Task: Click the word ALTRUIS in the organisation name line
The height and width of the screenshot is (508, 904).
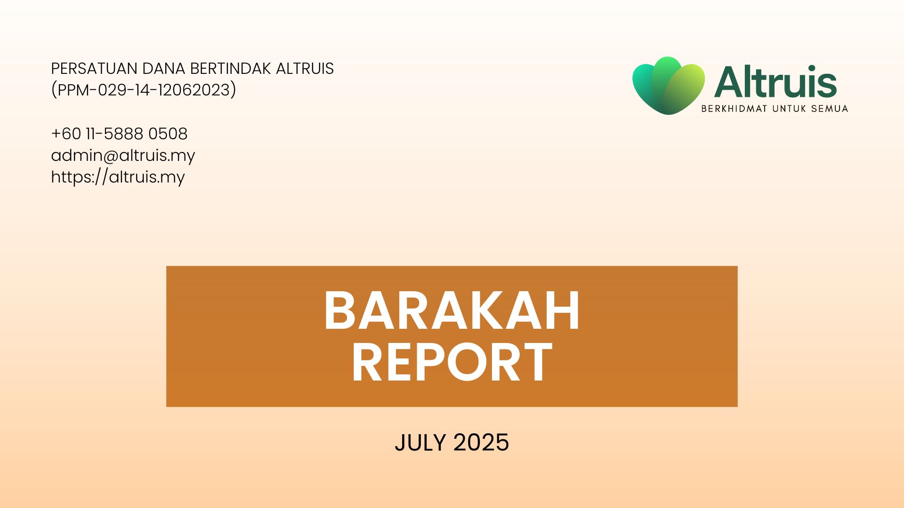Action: [305, 69]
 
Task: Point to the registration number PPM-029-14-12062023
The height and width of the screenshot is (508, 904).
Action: [144, 90]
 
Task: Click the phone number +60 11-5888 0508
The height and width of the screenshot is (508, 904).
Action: [119, 134]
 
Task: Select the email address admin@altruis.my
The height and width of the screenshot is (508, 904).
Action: [123, 156]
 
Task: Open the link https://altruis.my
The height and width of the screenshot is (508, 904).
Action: [118, 177]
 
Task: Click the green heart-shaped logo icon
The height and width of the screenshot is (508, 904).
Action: [669, 86]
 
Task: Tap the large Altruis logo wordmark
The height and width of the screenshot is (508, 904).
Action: [775, 82]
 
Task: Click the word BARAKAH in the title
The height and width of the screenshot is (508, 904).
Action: [452, 311]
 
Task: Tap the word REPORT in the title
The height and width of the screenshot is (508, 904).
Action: [452, 362]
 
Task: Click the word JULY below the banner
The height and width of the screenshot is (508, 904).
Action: [420, 443]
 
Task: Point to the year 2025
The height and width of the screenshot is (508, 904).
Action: [481, 443]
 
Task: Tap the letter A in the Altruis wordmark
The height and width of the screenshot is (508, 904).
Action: [730, 82]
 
